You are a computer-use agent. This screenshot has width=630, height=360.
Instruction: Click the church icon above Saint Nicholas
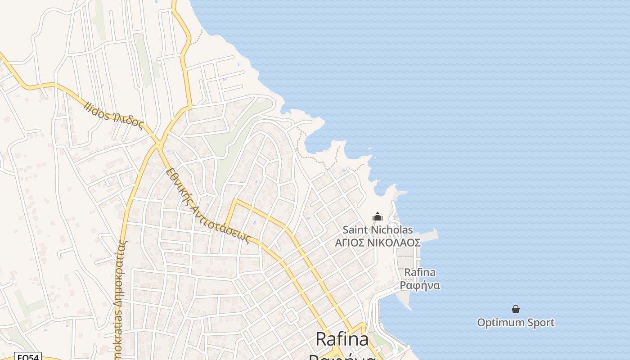tap(378, 217)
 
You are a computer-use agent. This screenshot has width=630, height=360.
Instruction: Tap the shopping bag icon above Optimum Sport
tap(516, 309)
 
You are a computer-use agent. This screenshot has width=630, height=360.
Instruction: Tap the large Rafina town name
tap(342, 339)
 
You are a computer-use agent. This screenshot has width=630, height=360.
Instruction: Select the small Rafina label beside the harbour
tap(420, 272)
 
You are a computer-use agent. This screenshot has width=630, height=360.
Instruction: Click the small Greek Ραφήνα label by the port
tap(420, 285)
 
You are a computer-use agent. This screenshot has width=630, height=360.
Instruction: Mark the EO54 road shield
tap(28, 357)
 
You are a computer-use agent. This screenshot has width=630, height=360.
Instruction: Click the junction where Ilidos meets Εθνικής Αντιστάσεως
tap(159, 144)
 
